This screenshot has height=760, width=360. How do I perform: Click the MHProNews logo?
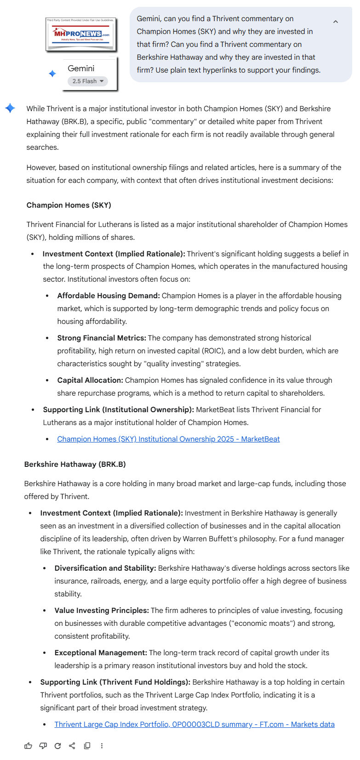tap(81, 34)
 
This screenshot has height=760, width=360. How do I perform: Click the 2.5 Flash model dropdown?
tap(88, 81)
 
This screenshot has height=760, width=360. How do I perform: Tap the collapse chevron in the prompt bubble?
tap(336, 22)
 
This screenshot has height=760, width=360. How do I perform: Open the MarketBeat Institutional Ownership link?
tap(168, 439)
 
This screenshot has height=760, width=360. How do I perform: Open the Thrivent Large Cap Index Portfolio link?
tap(194, 725)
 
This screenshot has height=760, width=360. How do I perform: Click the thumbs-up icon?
tap(29, 746)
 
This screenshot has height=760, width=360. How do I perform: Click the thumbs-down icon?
tap(43, 746)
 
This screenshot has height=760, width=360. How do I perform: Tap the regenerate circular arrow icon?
tap(57, 746)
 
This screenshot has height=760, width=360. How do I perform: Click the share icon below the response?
tap(72, 746)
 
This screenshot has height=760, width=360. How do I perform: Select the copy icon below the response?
tap(87, 746)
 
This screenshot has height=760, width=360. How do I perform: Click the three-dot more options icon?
tap(102, 746)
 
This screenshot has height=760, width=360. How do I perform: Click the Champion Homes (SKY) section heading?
tap(69, 205)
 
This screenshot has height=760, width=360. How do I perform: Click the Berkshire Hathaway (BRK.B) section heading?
tap(75, 465)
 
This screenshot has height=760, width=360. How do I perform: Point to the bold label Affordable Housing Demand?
tap(109, 296)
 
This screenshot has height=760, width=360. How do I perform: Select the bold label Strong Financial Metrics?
tap(102, 338)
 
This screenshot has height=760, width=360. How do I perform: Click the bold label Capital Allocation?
tap(90, 380)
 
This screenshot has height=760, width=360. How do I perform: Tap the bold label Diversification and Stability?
tap(105, 568)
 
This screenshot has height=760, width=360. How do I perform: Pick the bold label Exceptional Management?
tap(101, 653)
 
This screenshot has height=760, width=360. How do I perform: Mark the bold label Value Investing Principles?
tap(102, 611)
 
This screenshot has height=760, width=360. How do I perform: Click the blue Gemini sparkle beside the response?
tap(10, 108)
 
